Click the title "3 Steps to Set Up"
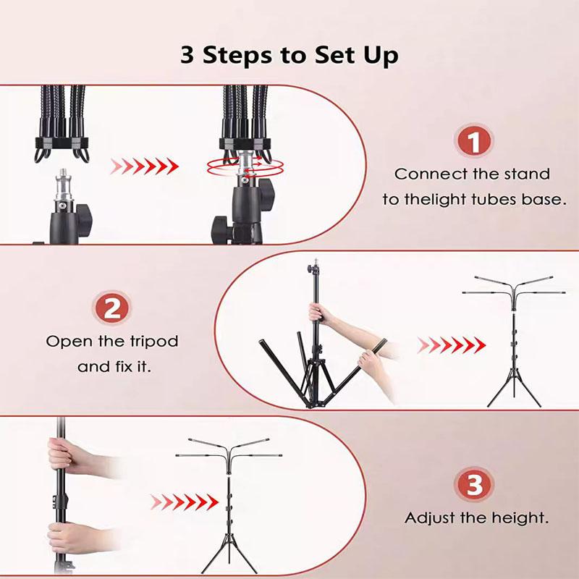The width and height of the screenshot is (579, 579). (289, 56)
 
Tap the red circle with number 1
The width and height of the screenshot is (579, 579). (475, 142)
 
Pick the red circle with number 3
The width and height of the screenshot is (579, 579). (475, 486)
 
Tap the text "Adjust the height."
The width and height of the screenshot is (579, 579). (476, 518)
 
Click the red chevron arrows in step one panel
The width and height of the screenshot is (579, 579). (144, 166)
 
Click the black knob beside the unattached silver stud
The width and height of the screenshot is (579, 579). (84, 215)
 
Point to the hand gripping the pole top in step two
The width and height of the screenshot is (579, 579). (322, 313)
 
